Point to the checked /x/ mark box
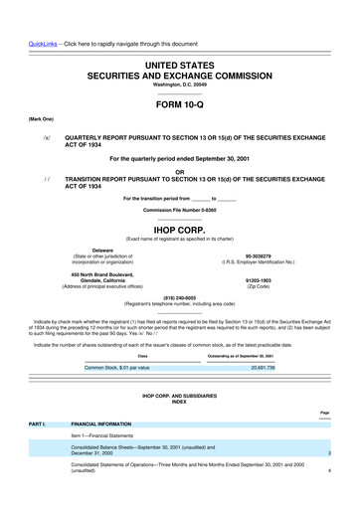[46, 140]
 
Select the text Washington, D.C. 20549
[180, 83]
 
